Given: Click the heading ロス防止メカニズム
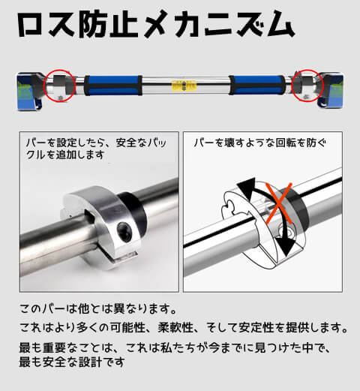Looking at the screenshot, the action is click(x=156, y=23).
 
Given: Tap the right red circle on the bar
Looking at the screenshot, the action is click(x=323, y=85).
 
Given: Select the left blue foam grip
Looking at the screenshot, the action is click(x=113, y=86).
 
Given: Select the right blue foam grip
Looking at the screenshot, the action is click(x=257, y=85).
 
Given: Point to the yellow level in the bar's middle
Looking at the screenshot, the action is click(x=184, y=86).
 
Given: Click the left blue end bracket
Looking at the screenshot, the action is click(x=29, y=91).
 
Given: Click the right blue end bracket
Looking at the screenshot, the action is click(x=331, y=91).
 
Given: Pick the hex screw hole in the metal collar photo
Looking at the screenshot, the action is click(x=124, y=231).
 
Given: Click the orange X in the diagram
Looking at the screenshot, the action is click(x=278, y=203).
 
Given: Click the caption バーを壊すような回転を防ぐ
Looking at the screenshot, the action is click(x=260, y=143).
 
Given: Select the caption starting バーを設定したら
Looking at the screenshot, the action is click(x=96, y=149).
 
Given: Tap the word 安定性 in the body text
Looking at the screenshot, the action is click(x=256, y=327).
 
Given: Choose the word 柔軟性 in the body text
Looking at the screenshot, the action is click(x=175, y=327).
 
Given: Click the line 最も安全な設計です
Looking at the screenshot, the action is click(x=72, y=362).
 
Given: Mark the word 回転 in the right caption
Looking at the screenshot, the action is click(x=286, y=143).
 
